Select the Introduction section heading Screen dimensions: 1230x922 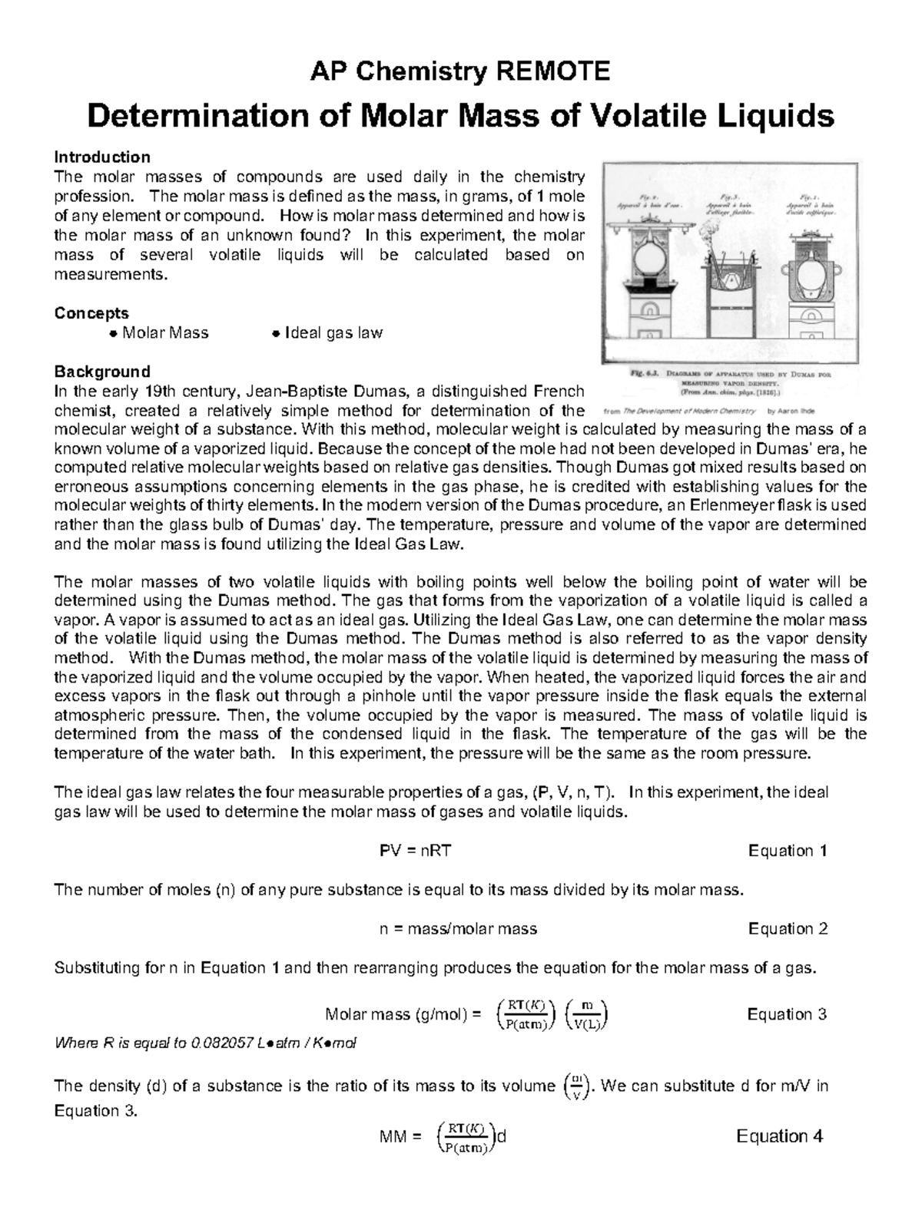tap(101, 157)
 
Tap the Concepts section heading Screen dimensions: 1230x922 tap(91, 313)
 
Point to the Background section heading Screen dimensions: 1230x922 tap(101, 372)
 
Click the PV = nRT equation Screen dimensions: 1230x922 tap(410, 851)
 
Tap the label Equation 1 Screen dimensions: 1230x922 tap(788, 851)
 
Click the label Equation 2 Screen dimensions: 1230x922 tap(788, 929)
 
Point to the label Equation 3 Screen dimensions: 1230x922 tap(787, 1014)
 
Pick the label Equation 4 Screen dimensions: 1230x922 tap(779, 1136)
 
